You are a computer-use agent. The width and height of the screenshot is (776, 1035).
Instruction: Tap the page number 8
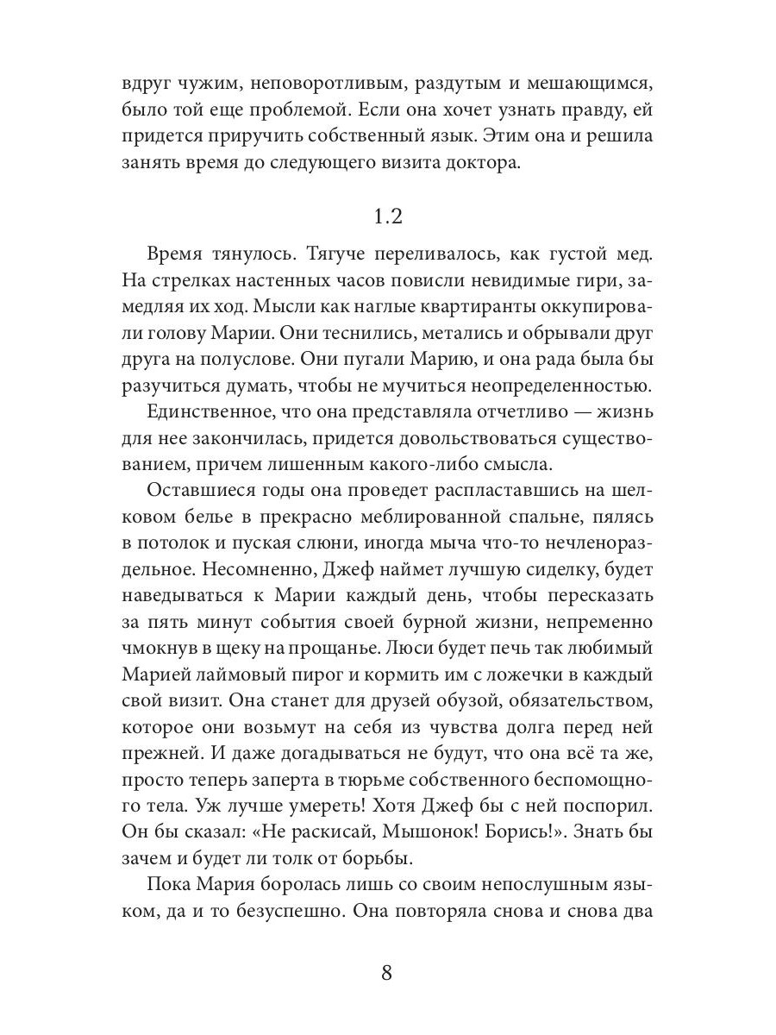[387, 973]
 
